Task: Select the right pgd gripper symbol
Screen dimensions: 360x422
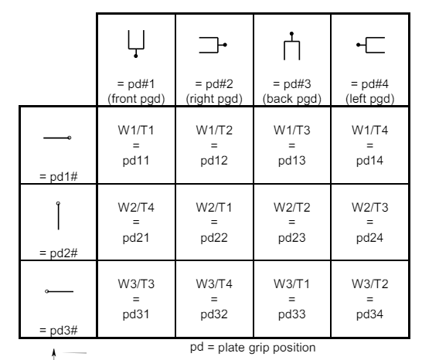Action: click(213, 46)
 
